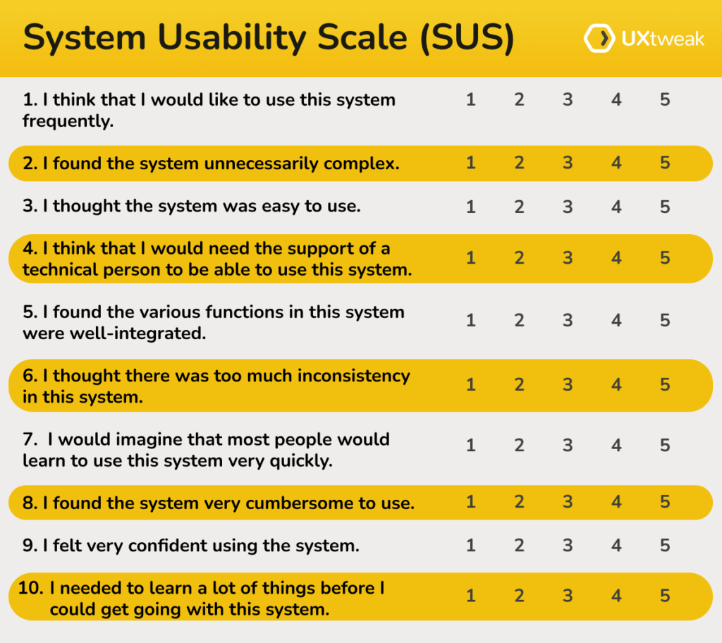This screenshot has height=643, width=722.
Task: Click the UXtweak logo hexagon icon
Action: [596, 39]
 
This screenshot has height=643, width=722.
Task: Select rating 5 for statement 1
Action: [665, 99]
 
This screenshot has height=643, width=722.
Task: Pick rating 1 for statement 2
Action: [471, 163]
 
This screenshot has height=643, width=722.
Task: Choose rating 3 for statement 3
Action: [568, 207]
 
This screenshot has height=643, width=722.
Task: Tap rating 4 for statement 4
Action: [616, 258]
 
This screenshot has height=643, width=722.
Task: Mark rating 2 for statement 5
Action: [519, 321]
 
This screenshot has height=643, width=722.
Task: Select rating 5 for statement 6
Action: [665, 385]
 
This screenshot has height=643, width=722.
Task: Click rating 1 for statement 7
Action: [471, 446]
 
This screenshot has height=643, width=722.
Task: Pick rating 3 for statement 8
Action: [568, 502]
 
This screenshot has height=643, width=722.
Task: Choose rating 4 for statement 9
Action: [616, 545]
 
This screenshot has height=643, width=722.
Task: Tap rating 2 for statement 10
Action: [519, 596]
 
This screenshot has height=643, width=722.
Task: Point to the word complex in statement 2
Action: [361, 164]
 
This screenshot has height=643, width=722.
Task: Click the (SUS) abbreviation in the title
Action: [467, 39]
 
